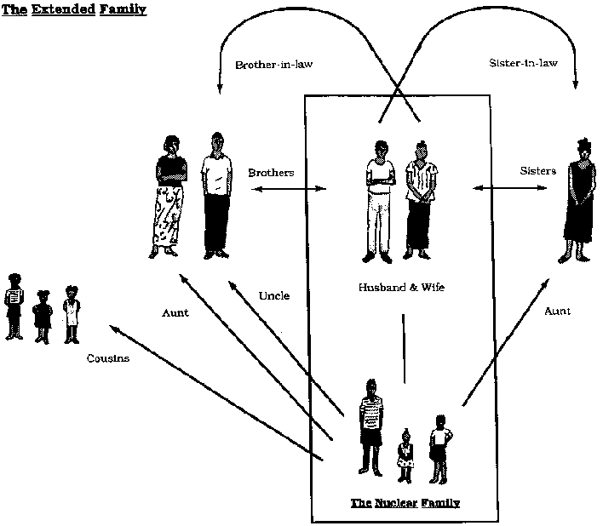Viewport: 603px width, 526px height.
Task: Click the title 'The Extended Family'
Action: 74,9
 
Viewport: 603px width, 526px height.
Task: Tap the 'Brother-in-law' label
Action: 273,65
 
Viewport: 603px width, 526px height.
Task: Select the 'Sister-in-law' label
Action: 523,63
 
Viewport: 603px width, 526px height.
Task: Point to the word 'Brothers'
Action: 271,173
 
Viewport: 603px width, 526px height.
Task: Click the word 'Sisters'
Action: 537,170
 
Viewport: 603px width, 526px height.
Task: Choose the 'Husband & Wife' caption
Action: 401,287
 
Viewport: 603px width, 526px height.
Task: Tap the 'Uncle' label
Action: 273,295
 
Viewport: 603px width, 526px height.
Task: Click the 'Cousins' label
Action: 107,358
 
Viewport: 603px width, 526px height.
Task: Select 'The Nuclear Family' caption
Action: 405,503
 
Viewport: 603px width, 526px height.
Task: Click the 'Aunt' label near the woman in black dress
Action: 557,311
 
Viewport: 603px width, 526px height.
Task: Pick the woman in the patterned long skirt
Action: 167,197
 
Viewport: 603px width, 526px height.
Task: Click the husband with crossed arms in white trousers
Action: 380,202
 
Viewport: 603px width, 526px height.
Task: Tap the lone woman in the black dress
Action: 579,200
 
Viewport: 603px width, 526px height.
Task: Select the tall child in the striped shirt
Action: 370,427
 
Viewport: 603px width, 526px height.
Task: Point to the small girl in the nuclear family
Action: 405,455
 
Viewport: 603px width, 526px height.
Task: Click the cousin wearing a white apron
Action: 72,314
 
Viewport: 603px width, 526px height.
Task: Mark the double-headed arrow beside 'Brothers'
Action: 289,189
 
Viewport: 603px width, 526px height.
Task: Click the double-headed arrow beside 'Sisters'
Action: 510,188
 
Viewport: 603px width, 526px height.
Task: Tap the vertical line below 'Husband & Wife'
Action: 404,348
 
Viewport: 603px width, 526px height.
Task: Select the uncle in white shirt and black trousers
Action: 216,196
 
